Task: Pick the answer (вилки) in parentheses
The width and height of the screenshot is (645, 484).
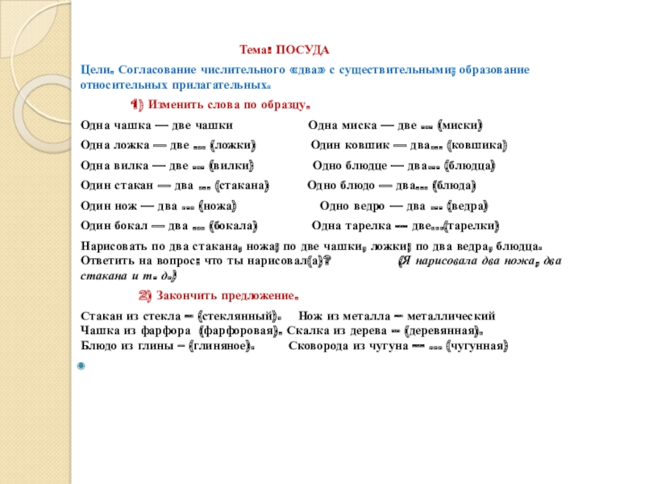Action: pos(231,166)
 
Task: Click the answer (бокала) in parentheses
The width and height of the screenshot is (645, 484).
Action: pos(232,225)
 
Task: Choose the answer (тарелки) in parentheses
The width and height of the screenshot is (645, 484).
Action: pos(472,225)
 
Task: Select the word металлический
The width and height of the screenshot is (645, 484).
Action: pos(453,315)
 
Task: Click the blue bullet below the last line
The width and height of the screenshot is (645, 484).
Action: pos(80,367)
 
